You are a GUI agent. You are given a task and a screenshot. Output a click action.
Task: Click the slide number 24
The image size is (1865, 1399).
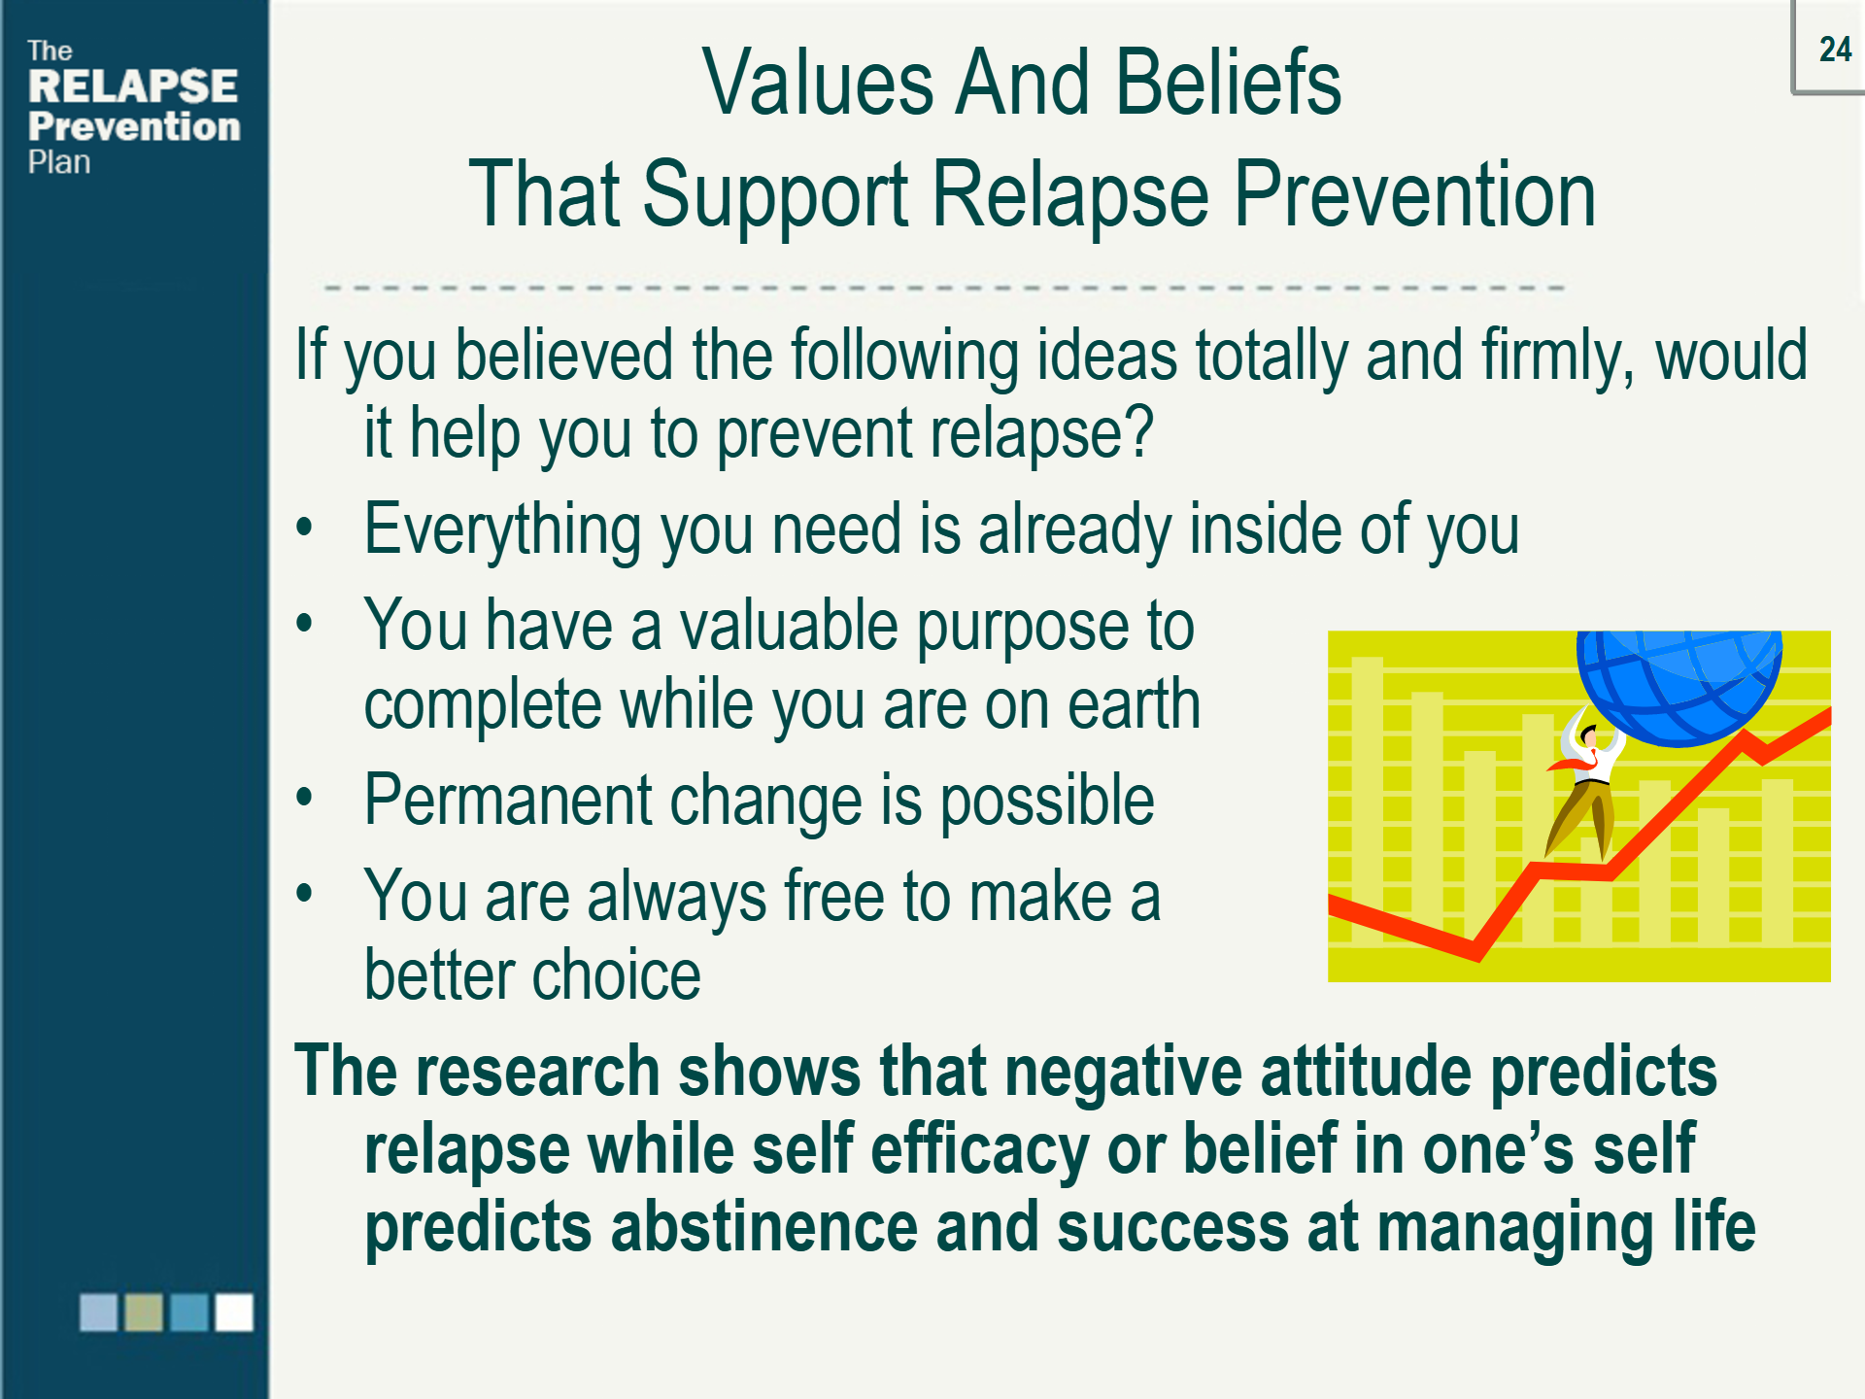click(x=1834, y=50)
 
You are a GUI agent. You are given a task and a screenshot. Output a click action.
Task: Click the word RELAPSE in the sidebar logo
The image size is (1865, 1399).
click(x=133, y=86)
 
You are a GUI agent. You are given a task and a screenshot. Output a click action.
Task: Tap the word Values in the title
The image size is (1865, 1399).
click(x=818, y=84)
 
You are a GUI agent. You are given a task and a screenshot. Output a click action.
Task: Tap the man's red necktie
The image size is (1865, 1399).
click(x=1578, y=763)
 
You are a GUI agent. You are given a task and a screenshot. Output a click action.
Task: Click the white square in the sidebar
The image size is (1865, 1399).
click(x=234, y=1312)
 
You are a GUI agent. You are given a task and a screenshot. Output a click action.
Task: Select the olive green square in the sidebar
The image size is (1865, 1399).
click(x=144, y=1312)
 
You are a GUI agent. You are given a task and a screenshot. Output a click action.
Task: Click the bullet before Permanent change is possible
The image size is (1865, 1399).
click(x=305, y=798)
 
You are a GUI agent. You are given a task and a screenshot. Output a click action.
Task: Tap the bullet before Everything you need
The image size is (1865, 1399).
click(x=305, y=528)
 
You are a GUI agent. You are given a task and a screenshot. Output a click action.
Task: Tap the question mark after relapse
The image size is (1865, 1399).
click(x=1142, y=431)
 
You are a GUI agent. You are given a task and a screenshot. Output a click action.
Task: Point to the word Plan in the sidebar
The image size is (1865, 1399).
click(x=59, y=162)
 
